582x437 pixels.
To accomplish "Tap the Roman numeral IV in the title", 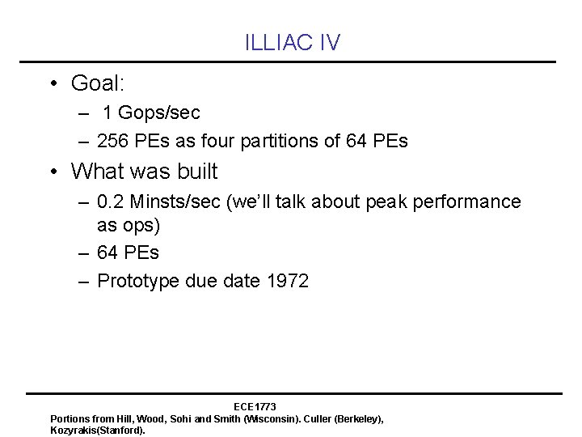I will coord(329,44).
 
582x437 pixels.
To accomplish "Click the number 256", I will coord(112,141).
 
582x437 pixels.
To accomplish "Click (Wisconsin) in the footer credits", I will coord(251,418).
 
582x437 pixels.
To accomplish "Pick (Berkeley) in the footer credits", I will coord(352,418).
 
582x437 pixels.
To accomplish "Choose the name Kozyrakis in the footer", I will coord(74,431).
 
